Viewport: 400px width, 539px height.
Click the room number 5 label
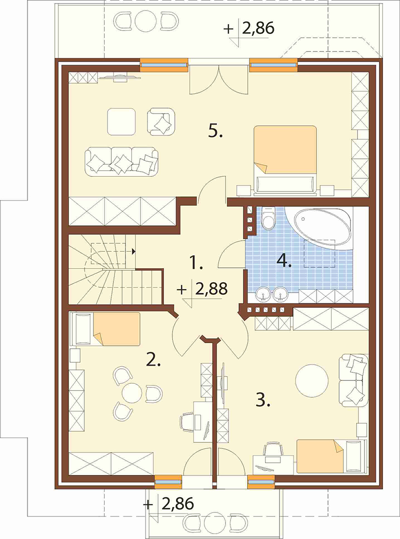click(216, 131)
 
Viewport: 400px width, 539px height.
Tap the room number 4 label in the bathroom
click(284, 261)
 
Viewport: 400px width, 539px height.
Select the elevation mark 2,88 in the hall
click(211, 289)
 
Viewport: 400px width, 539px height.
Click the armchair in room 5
click(161, 121)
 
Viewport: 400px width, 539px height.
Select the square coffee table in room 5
click(121, 122)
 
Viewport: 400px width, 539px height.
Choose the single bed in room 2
click(104, 328)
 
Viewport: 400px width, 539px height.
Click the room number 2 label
click(153, 359)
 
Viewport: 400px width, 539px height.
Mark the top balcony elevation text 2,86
click(258, 28)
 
